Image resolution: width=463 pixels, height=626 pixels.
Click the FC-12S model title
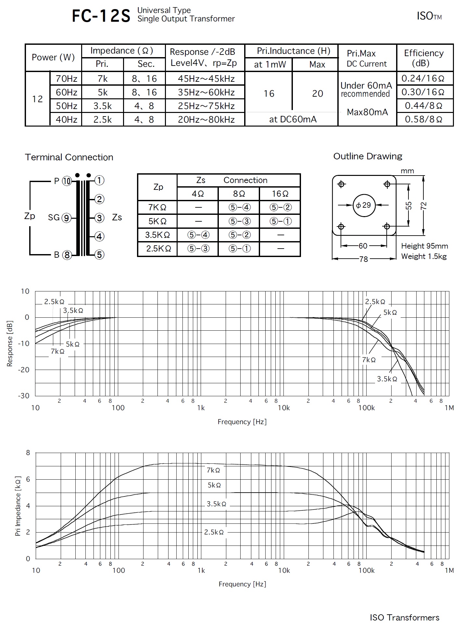(101, 16)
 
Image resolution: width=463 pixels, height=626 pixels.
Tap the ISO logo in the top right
(429, 16)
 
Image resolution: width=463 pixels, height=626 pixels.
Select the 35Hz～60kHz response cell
(206, 92)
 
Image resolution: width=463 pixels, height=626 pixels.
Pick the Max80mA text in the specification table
(367, 112)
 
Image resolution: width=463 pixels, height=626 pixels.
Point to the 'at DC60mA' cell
(293, 119)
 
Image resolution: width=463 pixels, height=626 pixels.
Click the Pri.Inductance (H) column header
(293, 51)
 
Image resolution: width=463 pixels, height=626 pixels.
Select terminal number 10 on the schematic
(67, 181)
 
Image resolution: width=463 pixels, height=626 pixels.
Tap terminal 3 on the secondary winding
(99, 218)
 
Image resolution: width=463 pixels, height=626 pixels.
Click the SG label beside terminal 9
(54, 217)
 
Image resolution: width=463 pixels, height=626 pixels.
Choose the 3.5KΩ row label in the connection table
(157, 235)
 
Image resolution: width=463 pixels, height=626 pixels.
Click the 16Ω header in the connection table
(280, 194)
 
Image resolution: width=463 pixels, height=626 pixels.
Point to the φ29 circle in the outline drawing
(364, 205)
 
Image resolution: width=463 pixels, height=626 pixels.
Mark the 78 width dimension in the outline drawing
(364, 259)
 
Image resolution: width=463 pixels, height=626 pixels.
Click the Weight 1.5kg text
(424, 256)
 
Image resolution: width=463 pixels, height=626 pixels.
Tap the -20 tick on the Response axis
(24, 370)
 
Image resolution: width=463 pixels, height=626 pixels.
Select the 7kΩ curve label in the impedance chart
(213, 470)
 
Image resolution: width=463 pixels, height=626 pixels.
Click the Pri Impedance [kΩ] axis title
(18, 506)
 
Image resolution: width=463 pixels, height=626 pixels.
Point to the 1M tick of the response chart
(449, 408)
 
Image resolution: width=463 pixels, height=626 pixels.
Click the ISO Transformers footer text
(404, 617)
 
